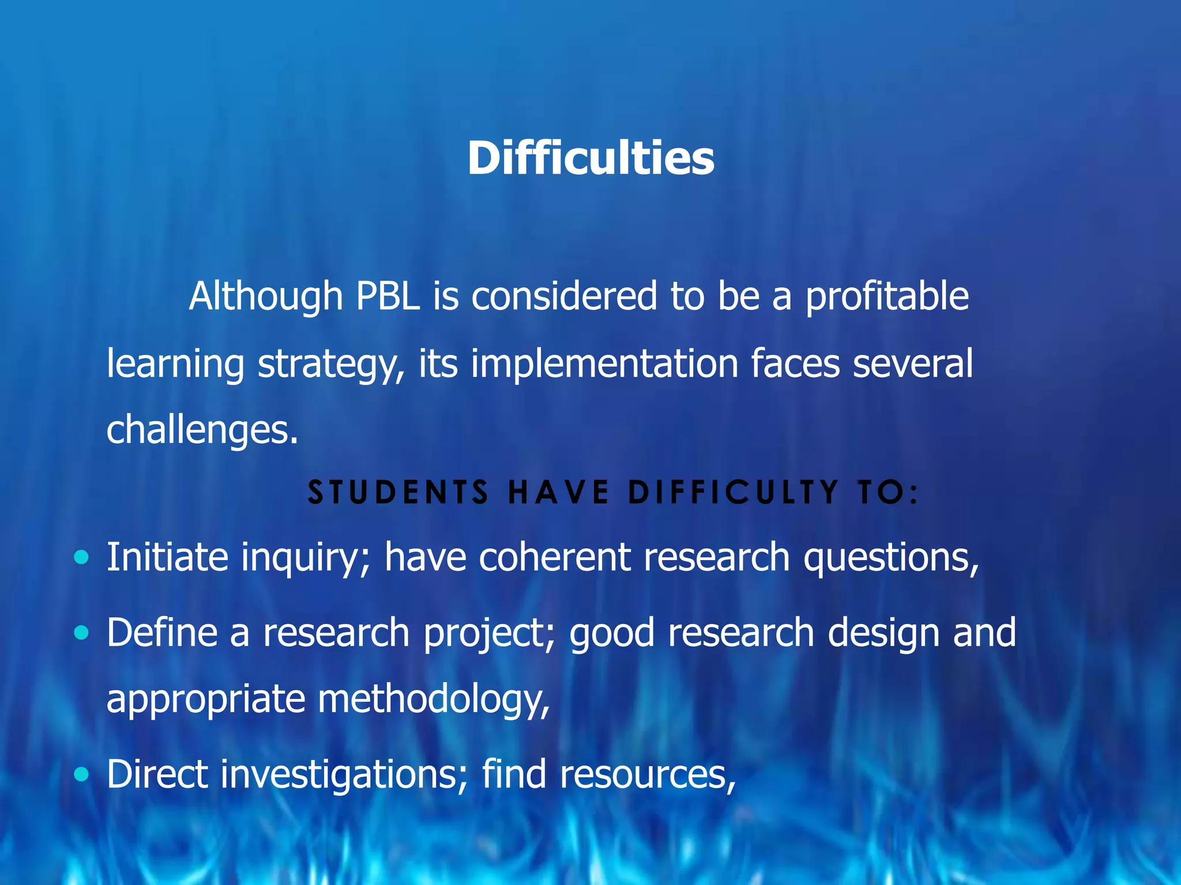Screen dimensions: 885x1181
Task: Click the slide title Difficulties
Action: [590, 158]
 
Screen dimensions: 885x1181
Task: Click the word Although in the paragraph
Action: [266, 297]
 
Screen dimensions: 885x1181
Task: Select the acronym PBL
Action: [388, 297]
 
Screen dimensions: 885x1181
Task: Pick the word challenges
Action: [202, 430]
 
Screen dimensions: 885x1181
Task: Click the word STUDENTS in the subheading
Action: [398, 493]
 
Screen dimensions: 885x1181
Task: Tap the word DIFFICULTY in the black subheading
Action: [733, 493]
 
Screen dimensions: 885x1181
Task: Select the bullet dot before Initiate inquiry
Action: [82, 557]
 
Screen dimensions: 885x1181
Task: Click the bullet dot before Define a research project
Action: [82, 633]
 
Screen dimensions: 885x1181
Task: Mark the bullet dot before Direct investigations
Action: [82, 774]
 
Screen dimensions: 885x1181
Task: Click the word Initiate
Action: [167, 557]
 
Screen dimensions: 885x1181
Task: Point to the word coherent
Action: [554, 557]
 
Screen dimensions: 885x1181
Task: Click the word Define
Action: [162, 633]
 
